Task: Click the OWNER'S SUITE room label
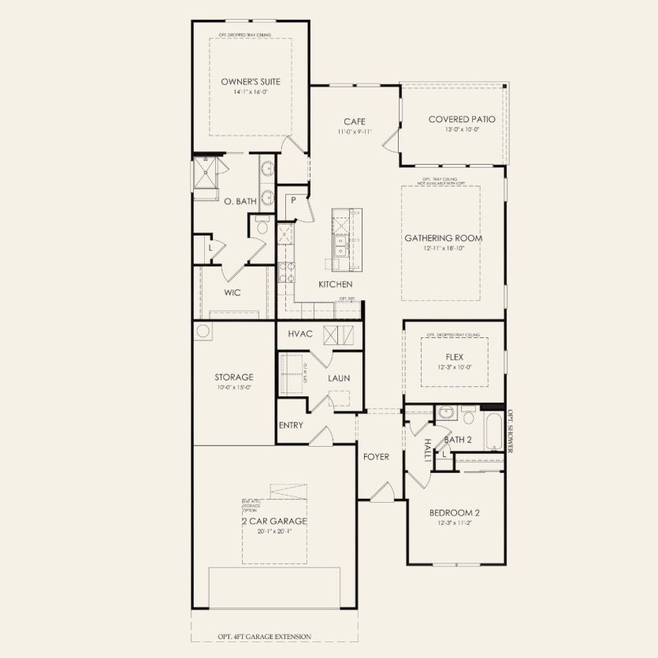(251, 81)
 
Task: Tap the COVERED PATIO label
(462, 119)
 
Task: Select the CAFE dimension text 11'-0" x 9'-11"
(353, 132)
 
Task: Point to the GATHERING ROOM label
(443, 238)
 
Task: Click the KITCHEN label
(335, 284)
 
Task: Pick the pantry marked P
(293, 200)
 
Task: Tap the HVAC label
(300, 334)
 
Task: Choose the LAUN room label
(339, 378)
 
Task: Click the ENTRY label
(291, 426)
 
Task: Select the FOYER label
(375, 456)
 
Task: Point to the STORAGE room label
(234, 377)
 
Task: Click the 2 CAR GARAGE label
(274, 521)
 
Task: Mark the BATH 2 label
(458, 440)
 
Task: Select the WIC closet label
(232, 292)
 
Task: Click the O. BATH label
(240, 202)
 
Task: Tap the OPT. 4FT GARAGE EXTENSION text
(264, 637)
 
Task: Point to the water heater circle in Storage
(203, 331)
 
